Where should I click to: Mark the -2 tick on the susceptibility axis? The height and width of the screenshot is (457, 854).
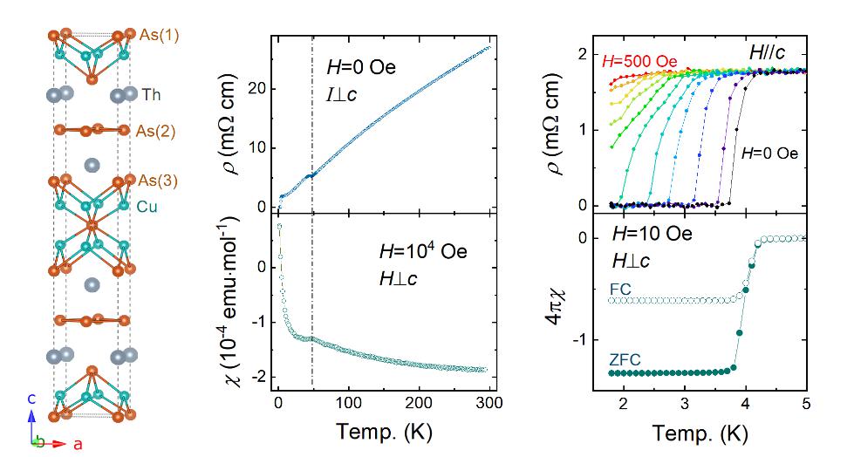tap(258, 377)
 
